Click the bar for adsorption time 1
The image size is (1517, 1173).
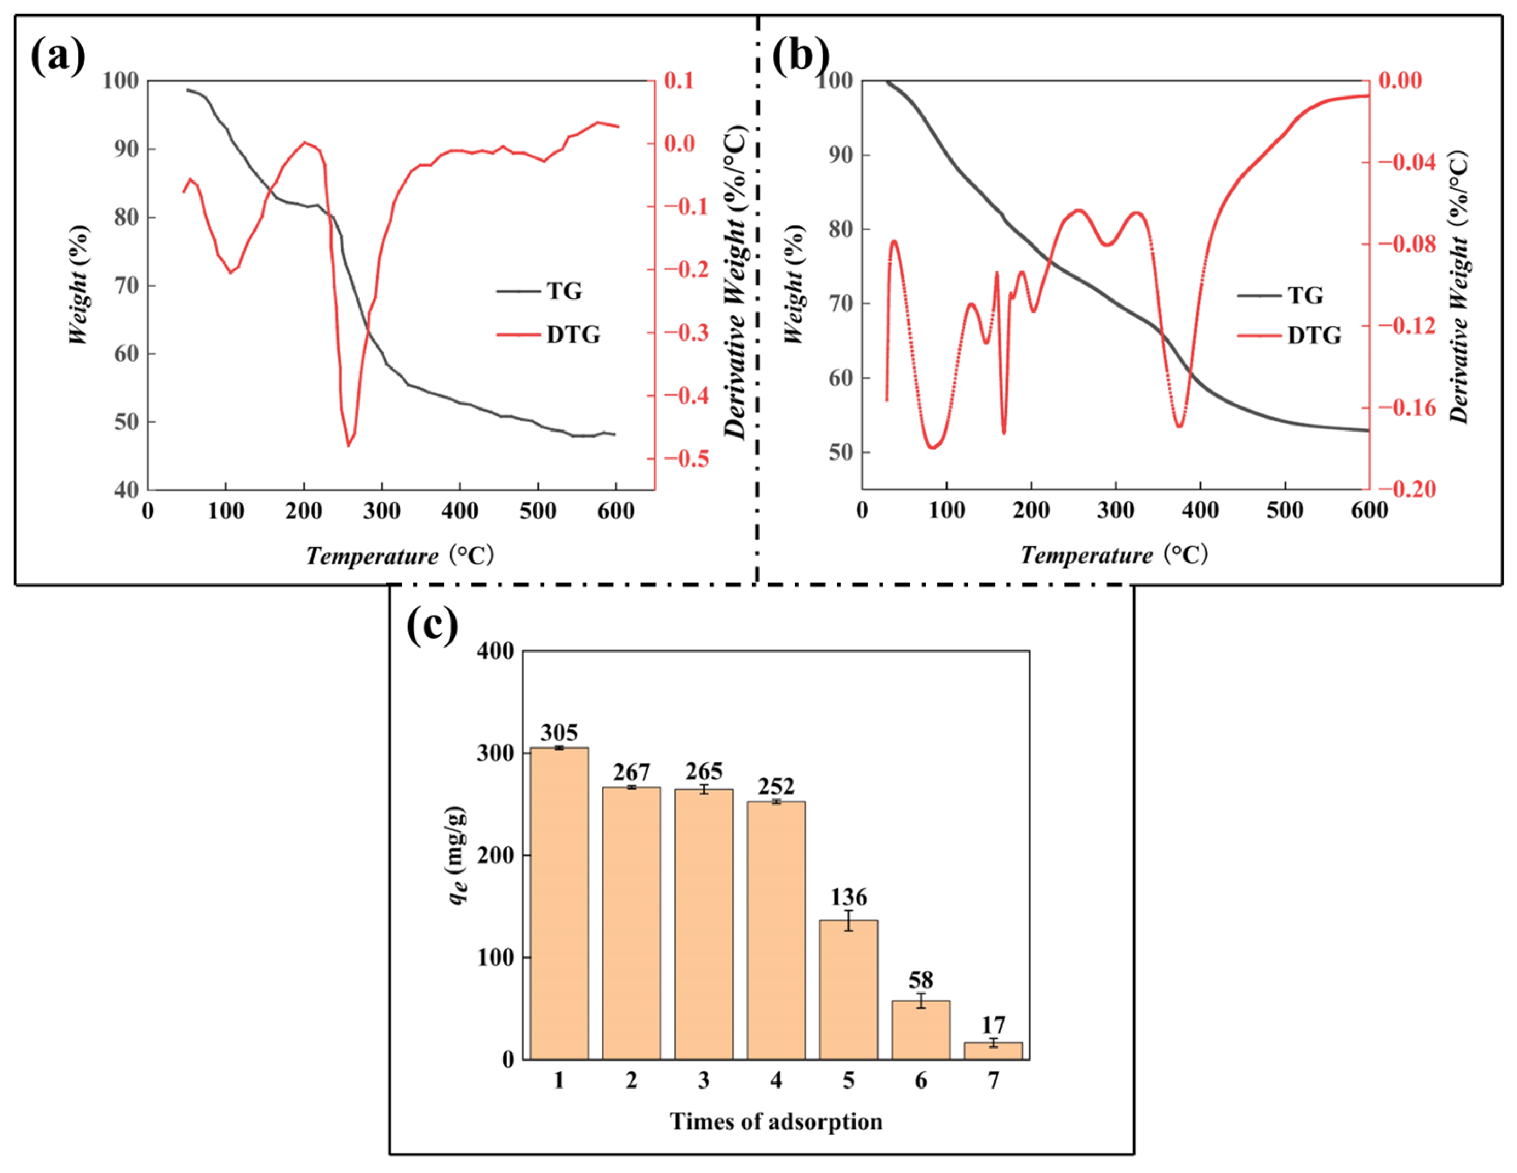coord(559,903)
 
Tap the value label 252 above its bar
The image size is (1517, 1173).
coord(776,786)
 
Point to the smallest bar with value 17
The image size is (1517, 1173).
coord(993,1050)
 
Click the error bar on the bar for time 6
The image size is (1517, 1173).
coord(921,1001)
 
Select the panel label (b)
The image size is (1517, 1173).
coord(800,55)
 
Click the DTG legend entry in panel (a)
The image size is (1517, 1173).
coord(549,335)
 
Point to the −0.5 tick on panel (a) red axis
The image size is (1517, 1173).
coord(686,458)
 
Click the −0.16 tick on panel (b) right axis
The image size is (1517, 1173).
coord(1406,407)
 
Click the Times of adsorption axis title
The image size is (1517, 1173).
coord(776,1121)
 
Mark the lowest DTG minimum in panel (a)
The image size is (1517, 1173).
coord(349,445)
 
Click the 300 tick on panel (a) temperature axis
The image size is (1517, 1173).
coord(382,512)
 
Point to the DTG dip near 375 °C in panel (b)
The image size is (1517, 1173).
coord(1179,426)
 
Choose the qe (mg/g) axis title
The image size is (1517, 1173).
coord(457,855)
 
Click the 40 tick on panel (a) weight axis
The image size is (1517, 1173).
coord(127,491)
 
